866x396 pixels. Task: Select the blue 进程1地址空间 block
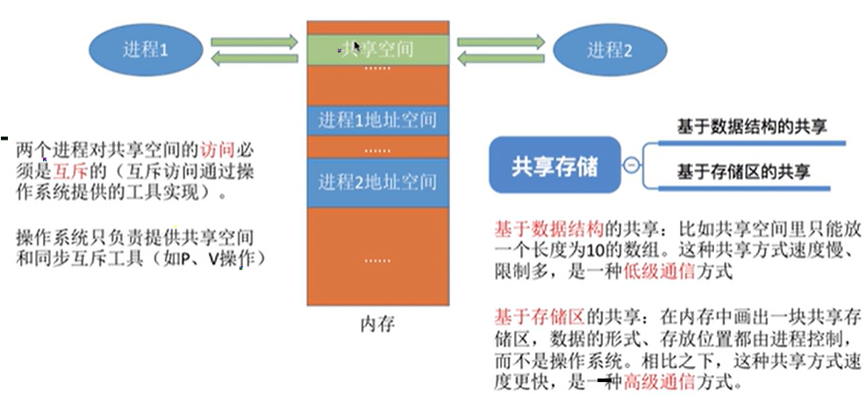[x=377, y=119]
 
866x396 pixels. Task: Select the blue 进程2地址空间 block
[x=377, y=182]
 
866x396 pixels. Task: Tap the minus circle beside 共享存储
[x=630, y=165]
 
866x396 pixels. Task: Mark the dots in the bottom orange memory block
[x=377, y=260]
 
